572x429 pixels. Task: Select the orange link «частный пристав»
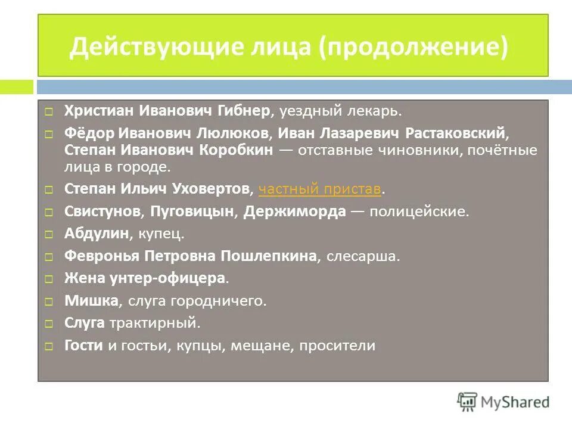tap(320, 189)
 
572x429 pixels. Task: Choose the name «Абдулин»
tap(97, 234)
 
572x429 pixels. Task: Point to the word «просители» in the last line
tap(338, 346)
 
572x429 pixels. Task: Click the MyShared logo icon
tap(467, 402)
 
